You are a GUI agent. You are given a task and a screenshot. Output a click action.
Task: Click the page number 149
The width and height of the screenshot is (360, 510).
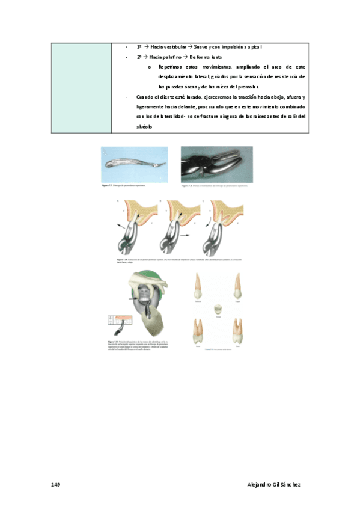point(56,484)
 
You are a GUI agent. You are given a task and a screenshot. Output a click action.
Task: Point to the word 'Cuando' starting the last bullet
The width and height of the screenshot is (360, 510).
point(145,97)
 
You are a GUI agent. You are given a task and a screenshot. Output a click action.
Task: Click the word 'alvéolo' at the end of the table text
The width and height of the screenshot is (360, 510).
point(145,127)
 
